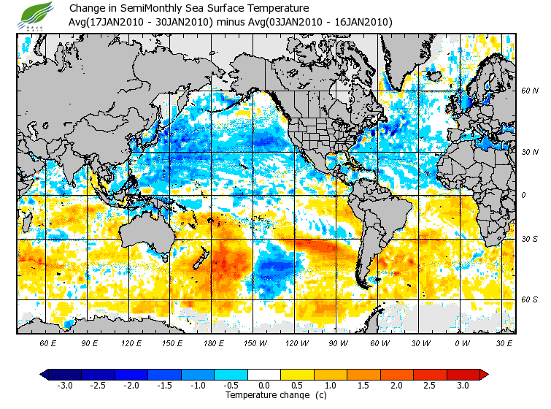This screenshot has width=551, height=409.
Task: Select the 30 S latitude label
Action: pyautogui.click(x=529, y=239)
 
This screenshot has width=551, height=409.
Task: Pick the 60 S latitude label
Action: pyautogui.click(x=529, y=299)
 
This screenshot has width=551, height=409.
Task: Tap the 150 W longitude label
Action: pyautogui.click(x=255, y=343)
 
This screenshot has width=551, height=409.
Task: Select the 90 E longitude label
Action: pyautogui.click(x=90, y=343)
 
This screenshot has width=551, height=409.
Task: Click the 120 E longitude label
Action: pyautogui.click(x=131, y=343)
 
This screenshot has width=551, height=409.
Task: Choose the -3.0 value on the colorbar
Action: pyautogui.click(x=65, y=385)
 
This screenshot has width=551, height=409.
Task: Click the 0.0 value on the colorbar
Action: pyautogui.click(x=264, y=385)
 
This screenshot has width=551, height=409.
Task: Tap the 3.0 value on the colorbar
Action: pyautogui.click(x=463, y=385)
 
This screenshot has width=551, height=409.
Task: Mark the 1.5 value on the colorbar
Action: pyautogui.click(x=364, y=385)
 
